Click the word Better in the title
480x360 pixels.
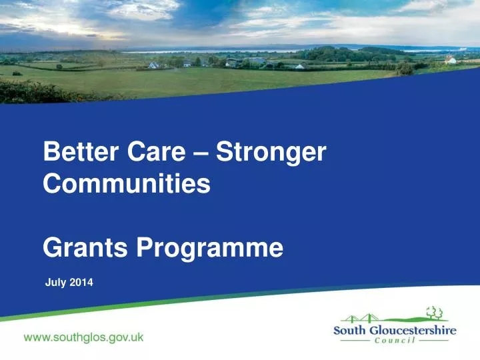tap(79, 153)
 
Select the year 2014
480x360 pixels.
tap(81, 283)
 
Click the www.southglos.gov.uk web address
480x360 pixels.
tap(83, 338)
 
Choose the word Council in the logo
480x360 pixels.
tap(395, 341)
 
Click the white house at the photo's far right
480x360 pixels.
tap(451, 60)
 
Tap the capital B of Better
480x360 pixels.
tap(51, 153)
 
